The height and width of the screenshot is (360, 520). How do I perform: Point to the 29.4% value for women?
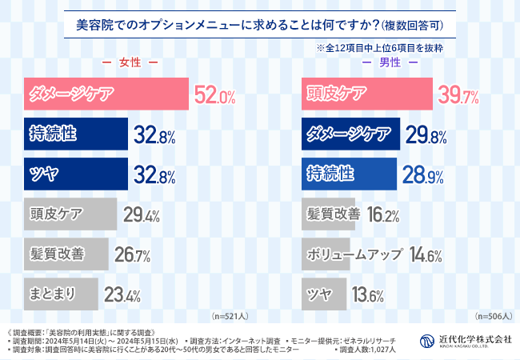[142, 214]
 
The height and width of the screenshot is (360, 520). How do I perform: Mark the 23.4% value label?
[122, 295]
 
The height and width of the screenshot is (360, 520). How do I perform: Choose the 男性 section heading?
[389, 62]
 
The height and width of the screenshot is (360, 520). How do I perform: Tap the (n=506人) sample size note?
[493, 316]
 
